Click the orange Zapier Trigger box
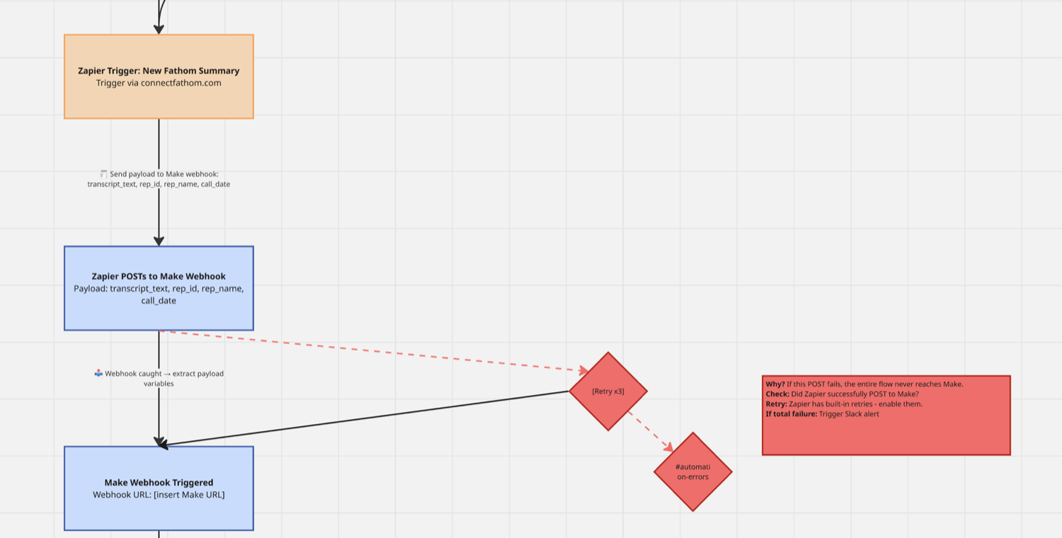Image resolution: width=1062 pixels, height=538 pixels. coord(159,76)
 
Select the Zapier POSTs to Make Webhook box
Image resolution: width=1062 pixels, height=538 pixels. coord(159,288)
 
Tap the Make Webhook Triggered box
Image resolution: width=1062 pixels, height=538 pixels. coord(159,488)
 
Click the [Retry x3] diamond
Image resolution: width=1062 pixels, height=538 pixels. coord(608,391)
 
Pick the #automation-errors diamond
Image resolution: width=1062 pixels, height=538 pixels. coord(693,471)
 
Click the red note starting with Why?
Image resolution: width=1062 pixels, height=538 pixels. coord(886,416)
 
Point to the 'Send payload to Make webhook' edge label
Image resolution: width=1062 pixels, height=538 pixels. coord(159,179)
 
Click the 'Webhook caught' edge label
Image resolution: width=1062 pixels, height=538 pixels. coord(159,378)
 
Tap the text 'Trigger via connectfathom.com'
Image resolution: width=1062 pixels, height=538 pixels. coord(159,83)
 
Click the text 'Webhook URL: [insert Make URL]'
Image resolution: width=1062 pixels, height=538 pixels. coord(159,494)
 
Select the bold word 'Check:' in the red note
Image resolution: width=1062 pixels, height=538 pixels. coord(777,394)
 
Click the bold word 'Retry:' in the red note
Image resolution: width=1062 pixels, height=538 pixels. coord(776,404)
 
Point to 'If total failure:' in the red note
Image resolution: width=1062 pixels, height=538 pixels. coord(792,414)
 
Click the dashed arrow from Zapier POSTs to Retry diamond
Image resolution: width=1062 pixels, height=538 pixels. coord(375,351)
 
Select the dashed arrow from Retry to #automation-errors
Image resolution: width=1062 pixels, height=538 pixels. coord(651,431)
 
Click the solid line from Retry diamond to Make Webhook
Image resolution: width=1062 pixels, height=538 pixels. coord(365,418)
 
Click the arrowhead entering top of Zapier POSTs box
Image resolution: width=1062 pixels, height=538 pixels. coord(159,241)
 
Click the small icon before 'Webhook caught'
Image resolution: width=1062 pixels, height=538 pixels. coord(98,373)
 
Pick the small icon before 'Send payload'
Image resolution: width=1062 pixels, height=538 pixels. coord(104,174)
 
